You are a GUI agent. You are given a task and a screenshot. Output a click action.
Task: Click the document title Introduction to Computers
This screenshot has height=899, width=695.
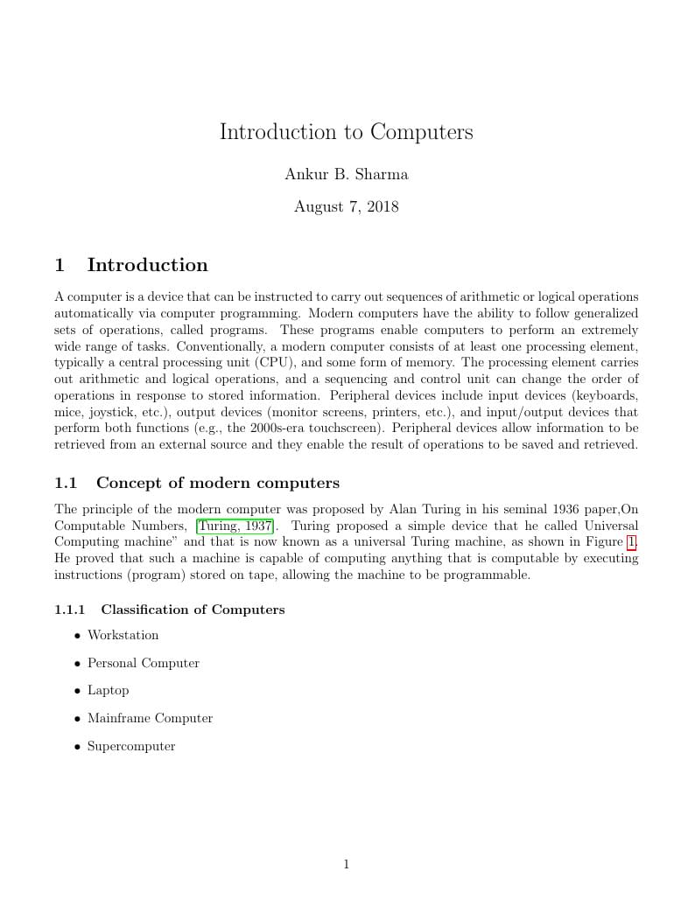pos(346,132)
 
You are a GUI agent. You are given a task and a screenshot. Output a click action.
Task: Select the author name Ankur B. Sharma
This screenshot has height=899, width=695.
pos(346,174)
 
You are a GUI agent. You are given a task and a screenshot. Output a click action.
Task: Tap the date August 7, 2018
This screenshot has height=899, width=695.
pos(346,207)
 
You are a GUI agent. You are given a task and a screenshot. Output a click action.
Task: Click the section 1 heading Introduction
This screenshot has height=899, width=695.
pos(147,265)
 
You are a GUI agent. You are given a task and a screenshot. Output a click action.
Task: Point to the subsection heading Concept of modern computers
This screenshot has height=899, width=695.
pos(217,484)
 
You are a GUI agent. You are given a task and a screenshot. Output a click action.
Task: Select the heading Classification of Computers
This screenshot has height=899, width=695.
pos(193,610)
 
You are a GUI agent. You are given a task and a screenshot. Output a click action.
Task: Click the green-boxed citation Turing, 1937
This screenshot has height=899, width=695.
pos(235,526)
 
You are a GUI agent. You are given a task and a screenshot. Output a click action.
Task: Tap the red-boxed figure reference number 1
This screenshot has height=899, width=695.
pos(631,542)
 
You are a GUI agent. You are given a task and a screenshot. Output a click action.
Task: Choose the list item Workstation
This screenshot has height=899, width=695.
pos(123,635)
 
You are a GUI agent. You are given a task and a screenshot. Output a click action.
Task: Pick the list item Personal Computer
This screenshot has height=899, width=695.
pos(143,663)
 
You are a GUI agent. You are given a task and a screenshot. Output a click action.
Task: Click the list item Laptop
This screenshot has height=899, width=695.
pos(108,691)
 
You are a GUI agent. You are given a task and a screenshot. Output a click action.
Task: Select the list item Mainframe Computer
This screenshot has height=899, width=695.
pos(150,719)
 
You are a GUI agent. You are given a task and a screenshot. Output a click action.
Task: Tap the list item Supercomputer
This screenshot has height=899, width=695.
pos(131,747)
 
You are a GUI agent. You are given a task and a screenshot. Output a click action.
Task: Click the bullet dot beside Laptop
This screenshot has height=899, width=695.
pos(78,691)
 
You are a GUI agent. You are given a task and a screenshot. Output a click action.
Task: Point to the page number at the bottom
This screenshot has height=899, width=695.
pos(346,865)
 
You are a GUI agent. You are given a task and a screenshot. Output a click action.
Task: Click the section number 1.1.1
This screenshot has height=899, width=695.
pos(69,610)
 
